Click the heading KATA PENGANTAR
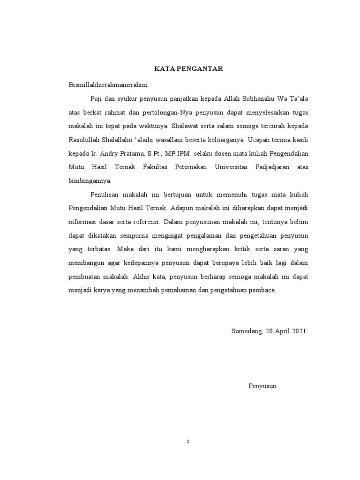point(189,69)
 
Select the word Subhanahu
point(259,98)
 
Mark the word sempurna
point(140,235)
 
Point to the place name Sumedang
point(247,331)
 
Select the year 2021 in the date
point(298,331)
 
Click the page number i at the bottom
point(188,442)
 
